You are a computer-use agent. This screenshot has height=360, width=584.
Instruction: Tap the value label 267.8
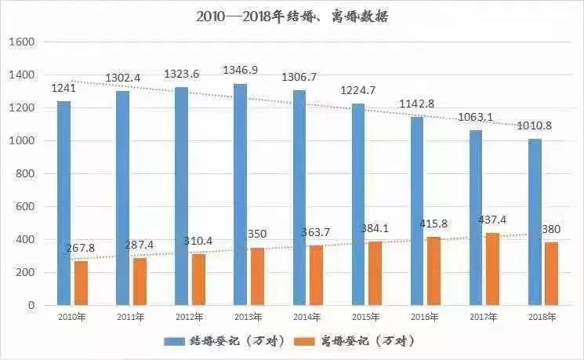click(82, 248)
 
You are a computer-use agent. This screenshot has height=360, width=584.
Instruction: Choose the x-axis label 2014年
click(307, 316)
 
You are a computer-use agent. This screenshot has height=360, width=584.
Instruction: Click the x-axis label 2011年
click(130, 316)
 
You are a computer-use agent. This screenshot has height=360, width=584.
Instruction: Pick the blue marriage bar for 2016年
click(417, 211)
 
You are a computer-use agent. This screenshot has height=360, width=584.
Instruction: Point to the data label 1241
click(64, 88)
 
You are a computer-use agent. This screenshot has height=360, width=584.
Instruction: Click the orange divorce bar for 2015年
click(375, 274)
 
